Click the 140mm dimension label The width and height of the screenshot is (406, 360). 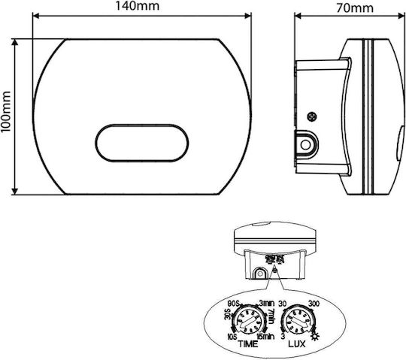tap(137, 6)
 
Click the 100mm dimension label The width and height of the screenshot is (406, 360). tap(6, 111)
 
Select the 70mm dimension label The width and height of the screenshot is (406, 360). tap(355, 8)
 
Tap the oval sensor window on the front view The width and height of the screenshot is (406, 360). tap(142, 143)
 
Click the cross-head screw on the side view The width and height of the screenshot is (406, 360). tap(312, 116)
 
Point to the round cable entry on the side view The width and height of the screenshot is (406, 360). tap(306, 144)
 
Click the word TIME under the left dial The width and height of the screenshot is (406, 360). tap(248, 344)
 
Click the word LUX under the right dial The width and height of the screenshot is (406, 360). tap(297, 344)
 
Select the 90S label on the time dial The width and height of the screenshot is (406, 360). tap(235, 304)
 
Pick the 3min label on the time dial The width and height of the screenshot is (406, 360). tap(267, 303)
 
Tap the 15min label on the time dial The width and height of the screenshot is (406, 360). tap(265, 337)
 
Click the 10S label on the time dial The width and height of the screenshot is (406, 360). tap(232, 337)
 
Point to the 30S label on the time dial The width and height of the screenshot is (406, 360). tap(228, 314)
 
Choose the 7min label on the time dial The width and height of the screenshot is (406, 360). tap(271, 316)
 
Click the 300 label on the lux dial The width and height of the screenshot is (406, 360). tap(314, 304)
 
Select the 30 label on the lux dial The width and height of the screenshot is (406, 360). tap(283, 304)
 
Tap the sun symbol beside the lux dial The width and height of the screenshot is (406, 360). tap(316, 337)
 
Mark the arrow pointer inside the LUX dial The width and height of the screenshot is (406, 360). tap(298, 323)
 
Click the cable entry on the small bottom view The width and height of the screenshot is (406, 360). tap(259, 274)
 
